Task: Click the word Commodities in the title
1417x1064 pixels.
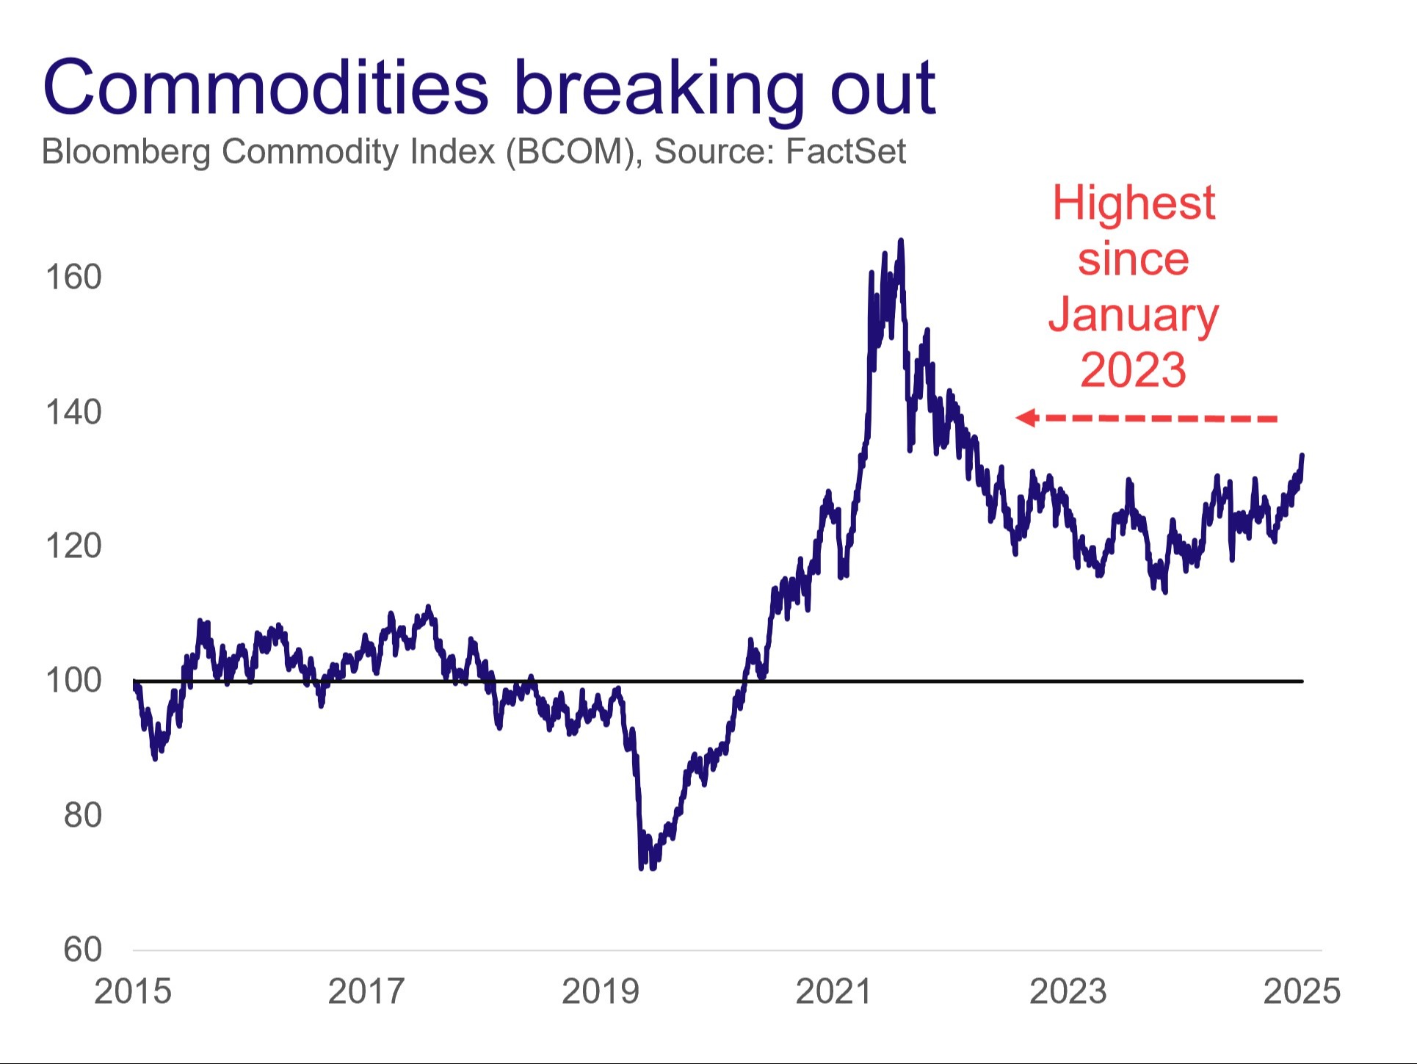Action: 266,88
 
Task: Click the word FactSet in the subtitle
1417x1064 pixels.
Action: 846,151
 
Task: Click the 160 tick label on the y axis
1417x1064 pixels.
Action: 73,278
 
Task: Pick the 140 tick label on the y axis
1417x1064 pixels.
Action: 73,413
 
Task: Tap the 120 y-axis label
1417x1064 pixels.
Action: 73,546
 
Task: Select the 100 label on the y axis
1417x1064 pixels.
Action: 73,681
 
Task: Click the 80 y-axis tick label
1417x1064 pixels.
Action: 82,815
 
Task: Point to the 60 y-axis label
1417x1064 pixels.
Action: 82,949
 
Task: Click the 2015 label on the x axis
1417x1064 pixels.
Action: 133,991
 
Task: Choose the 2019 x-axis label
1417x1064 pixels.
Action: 601,991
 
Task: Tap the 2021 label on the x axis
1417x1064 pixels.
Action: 834,991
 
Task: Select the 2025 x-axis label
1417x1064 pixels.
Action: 1302,991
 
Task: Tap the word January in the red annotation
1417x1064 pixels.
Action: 1133,315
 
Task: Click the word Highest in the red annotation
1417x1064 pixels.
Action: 1133,203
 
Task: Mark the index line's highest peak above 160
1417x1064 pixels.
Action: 901,241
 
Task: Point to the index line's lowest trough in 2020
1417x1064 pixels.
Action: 642,867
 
